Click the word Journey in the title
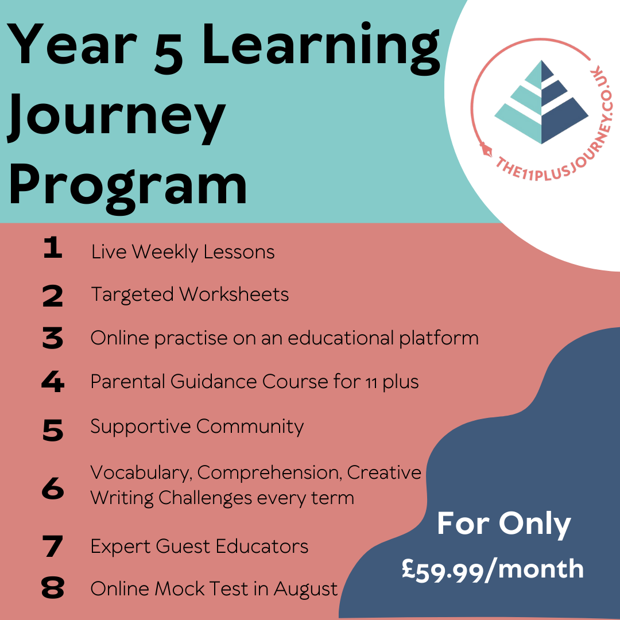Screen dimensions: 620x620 click(117, 118)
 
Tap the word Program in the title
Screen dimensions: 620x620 click(127, 188)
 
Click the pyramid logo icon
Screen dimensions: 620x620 click(541, 102)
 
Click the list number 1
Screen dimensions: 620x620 click(53, 247)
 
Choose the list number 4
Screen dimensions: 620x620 click(53, 382)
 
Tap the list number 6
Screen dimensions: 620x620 click(53, 489)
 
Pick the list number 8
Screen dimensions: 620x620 click(53, 587)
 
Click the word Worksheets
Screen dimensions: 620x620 click(234, 294)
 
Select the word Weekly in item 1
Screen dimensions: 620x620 click(165, 253)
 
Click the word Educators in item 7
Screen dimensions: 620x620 click(262, 547)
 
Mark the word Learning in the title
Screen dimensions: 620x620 click(321, 49)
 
